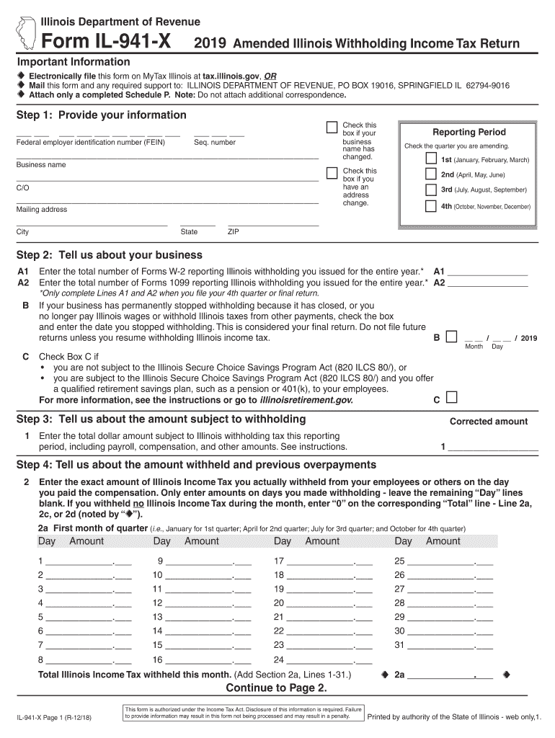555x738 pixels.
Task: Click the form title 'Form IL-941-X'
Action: [105, 43]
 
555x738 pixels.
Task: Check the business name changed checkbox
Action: [332, 128]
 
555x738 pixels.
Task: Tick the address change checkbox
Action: [332, 173]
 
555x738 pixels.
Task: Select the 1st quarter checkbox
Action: [430, 159]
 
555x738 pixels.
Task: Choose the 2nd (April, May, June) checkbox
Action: [430, 174]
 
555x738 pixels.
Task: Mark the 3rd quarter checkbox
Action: [430, 190]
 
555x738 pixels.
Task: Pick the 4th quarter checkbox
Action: [430, 206]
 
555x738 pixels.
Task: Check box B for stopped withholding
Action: [451, 336]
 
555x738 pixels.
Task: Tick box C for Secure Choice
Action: [451, 398]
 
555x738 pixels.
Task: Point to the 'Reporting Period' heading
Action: [469, 132]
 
